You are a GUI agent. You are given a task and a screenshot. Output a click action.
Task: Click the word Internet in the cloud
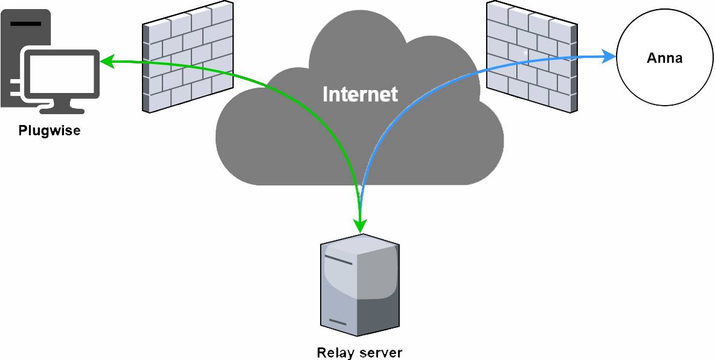(x=360, y=94)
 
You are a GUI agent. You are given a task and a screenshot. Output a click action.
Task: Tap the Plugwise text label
(x=49, y=130)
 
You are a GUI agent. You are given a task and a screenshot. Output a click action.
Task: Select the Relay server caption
(x=359, y=352)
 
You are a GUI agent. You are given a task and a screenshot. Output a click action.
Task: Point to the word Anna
(x=664, y=58)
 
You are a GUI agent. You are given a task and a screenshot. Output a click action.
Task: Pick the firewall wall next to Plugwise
(x=188, y=57)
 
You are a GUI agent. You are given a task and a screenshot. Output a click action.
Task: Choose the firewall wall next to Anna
(x=531, y=57)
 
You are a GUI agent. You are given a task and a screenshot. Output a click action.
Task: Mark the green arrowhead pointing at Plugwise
(x=106, y=61)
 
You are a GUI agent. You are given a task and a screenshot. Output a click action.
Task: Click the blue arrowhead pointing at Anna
(x=609, y=57)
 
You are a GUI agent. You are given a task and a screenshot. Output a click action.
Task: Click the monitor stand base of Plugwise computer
(x=61, y=110)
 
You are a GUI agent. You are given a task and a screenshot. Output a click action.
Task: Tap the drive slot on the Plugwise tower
(x=25, y=24)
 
